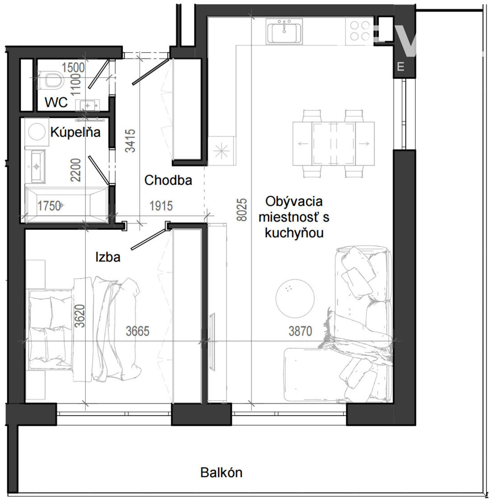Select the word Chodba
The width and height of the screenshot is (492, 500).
pyautogui.click(x=168, y=180)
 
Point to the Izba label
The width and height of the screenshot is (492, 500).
pyautogui.click(x=108, y=257)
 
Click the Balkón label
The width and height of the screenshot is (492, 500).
pyautogui.click(x=221, y=472)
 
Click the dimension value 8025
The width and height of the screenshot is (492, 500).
pyautogui.click(x=242, y=209)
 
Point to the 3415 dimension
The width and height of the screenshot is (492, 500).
pyautogui.click(x=130, y=141)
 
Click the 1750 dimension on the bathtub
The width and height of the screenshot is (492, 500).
pyautogui.click(x=49, y=206)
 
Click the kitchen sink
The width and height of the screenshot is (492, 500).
pyautogui.click(x=284, y=31)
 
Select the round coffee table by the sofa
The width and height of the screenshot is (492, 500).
pyautogui.click(x=295, y=298)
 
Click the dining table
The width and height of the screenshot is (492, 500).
pyautogui.click(x=333, y=143)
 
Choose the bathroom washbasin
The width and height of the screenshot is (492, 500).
pyautogui.click(x=36, y=166)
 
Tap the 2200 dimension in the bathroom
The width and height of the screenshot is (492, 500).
pyautogui.click(x=76, y=170)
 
